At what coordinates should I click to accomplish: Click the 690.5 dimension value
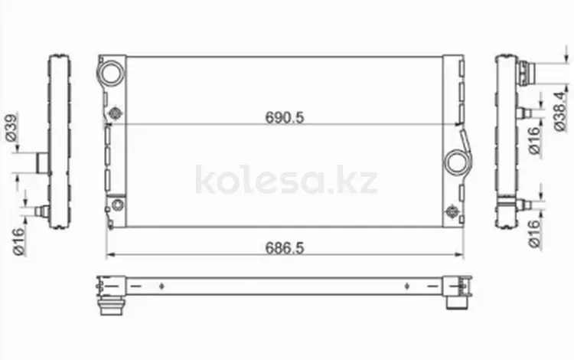point(285,117)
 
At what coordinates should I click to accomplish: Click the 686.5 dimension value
point(285,248)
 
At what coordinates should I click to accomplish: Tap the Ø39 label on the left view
point(11,128)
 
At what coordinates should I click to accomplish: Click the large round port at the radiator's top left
point(111,73)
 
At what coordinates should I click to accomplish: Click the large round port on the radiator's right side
point(457,162)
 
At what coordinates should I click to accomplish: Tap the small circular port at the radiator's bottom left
point(118,205)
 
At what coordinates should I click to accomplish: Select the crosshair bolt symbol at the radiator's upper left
point(116,113)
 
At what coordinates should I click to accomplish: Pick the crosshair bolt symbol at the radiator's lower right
point(452,211)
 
